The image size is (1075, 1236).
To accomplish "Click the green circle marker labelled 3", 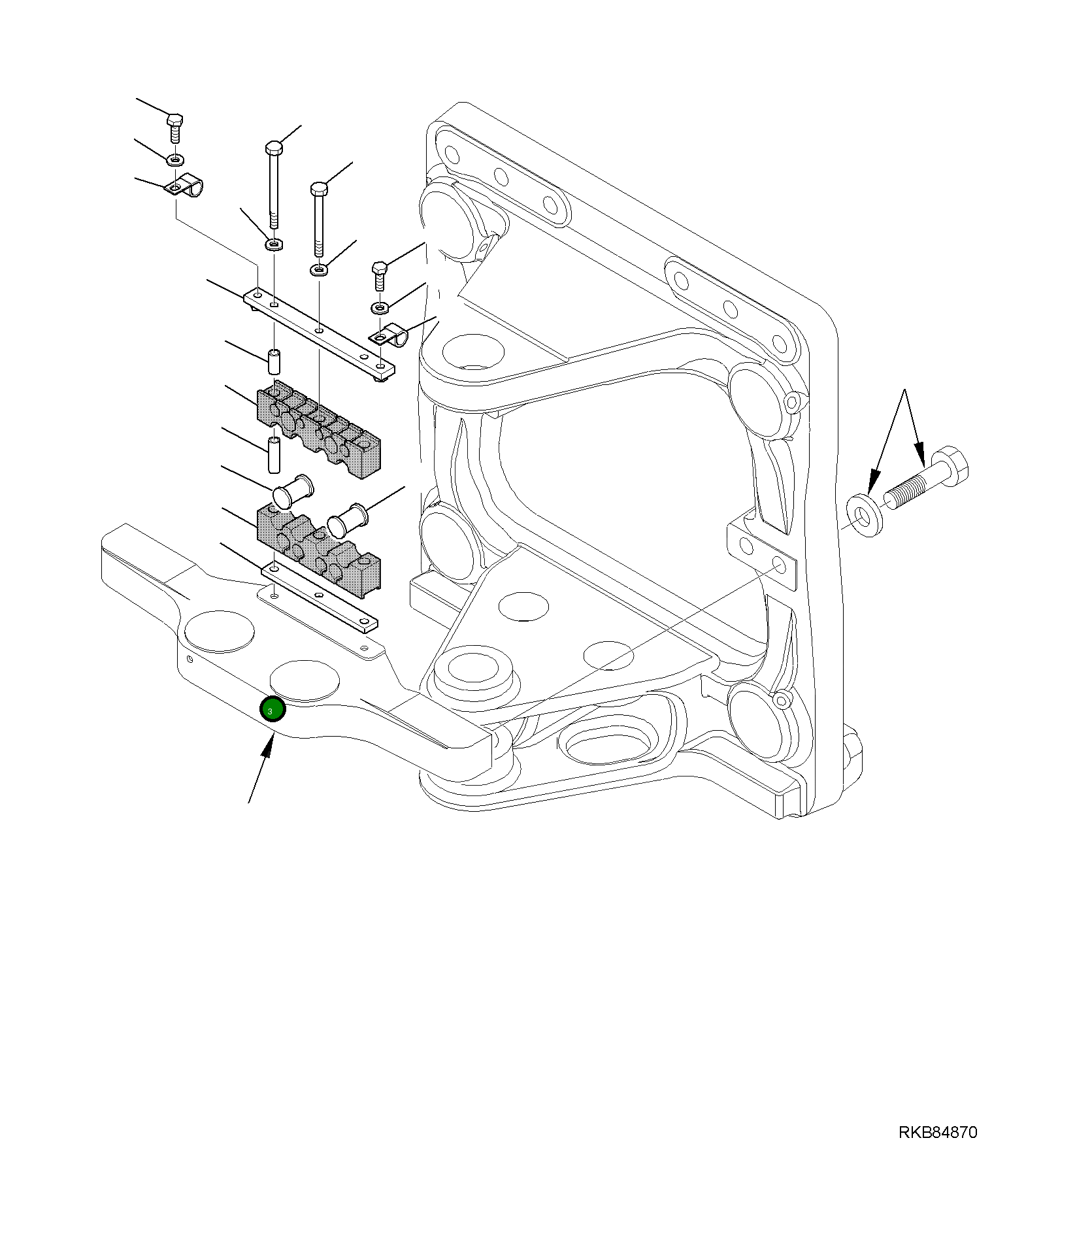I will pyautogui.click(x=273, y=709).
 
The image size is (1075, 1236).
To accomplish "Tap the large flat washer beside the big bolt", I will pyautogui.click(x=865, y=516).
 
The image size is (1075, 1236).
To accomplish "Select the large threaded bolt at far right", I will pyautogui.click(x=927, y=484).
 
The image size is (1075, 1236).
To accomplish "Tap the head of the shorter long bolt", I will pyautogui.click(x=319, y=190).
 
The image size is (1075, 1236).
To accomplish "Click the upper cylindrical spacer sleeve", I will pyautogui.click(x=274, y=360).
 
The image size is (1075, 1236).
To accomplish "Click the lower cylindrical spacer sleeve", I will pyautogui.click(x=274, y=454).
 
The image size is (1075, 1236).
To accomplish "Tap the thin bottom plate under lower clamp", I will pyautogui.click(x=319, y=599).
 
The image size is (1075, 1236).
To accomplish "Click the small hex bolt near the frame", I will pyautogui.click(x=380, y=275).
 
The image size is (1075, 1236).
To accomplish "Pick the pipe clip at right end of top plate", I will pyautogui.click(x=390, y=335).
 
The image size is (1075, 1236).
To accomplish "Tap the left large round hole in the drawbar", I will pyautogui.click(x=219, y=631).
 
